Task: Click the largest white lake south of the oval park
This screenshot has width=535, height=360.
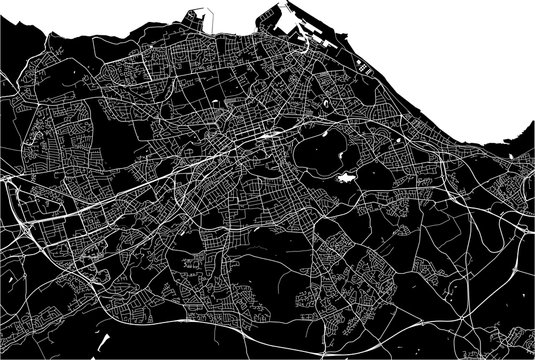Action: point(346,178)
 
